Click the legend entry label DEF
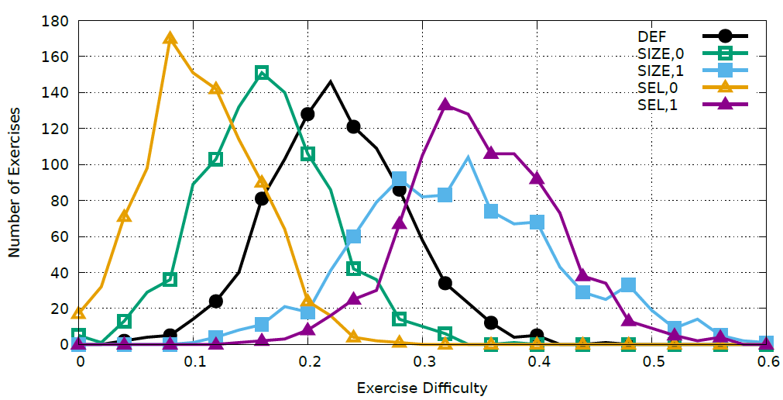pos(653,36)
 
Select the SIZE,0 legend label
pos(658,53)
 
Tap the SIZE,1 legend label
pos(658,71)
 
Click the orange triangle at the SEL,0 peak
pos(170,38)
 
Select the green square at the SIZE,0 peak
pos(262,73)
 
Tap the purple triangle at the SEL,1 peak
pos(445,105)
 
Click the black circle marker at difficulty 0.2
pos(307,114)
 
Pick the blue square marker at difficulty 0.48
pos(629,285)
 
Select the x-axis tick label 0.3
pos(423,362)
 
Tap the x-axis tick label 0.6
pos(767,362)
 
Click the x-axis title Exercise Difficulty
pos(422,387)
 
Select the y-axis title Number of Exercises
pos(13,182)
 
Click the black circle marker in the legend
pos(725,36)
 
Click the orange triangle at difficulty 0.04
pos(124,216)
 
